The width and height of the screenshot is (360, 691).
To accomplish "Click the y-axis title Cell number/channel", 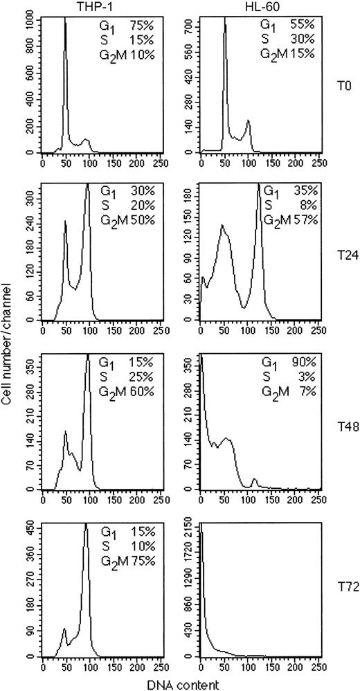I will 7,346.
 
